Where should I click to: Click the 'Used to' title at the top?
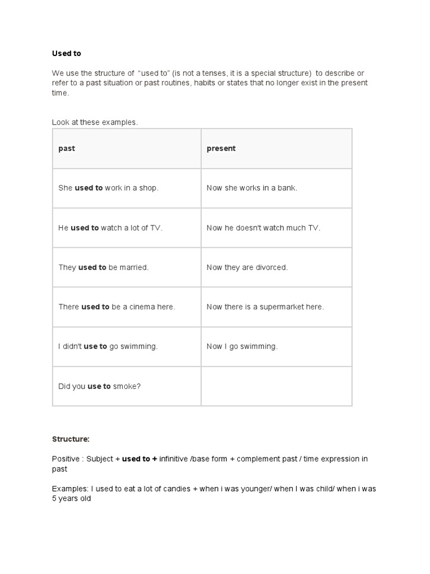[67, 53]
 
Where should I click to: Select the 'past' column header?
[67, 149]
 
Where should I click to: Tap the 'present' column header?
[221, 149]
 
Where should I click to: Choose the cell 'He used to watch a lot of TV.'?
[110, 228]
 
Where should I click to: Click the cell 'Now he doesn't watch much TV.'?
[263, 228]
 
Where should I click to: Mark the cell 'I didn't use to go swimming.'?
[108, 346]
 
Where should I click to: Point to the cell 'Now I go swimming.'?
[242, 346]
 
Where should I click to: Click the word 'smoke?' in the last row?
[127, 386]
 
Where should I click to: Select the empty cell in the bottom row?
[277, 386]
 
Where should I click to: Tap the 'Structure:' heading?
[71, 439]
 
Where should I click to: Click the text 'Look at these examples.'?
[95, 122]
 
